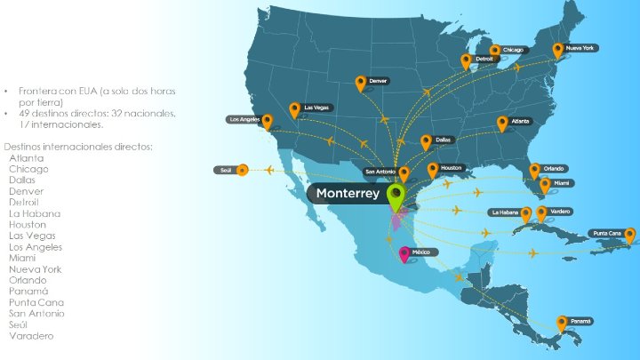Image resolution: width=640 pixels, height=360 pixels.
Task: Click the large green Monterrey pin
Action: click(x=395, y=195)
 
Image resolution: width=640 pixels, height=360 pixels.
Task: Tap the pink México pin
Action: click(x=404, y=254)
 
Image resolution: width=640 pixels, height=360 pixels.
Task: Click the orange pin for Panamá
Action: click(x=562, y=323)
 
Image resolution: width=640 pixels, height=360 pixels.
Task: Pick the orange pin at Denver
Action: click(x=361, y=83)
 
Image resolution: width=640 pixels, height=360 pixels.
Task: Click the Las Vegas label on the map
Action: click(x=316, y=108)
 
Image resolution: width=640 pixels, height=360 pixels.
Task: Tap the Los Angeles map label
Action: click(x=243, y=119)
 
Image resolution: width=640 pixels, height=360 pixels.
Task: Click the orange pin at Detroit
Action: click(x=466, y=60)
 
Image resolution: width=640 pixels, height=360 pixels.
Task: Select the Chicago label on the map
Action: click(x=513, y=50)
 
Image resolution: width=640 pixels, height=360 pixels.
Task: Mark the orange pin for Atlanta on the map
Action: click(x=502, y=124)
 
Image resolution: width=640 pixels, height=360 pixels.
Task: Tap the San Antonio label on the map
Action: click(x=379, y=171)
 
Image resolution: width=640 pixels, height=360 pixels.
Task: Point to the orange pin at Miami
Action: click(x=545, y=186)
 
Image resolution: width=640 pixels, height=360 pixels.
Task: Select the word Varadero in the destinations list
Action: click(x=31, y=336)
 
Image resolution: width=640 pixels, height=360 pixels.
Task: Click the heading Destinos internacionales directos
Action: click(x=77, y=146)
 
